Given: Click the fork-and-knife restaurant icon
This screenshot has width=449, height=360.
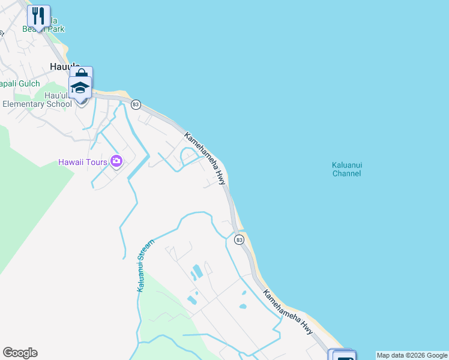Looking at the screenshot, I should pyautogui.click(x=38, y=16).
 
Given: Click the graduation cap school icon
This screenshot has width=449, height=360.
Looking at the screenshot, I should pyautogui.click(x=80, y=87).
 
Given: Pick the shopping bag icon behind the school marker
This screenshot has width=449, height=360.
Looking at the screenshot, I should pyautogui.click(x=82, y=73).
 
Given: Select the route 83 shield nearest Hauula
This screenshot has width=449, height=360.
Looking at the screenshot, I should pyautogui.click(x=136, y=104).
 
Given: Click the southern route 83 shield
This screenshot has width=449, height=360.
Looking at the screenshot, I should pyautogui.click(x=239, y=240).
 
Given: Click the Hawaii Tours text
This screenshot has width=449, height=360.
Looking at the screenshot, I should pyautogui.click(x=83, y=161).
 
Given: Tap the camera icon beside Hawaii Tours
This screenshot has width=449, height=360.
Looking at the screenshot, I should pyautogui.click(x=116, y=161).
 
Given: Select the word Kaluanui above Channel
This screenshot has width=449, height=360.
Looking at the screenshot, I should pyautogui.click(x=346, y=165).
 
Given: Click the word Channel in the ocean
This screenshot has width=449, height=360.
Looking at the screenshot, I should pyautogui.click(x=346, y=174).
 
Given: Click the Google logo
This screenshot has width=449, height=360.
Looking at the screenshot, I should pyautogui.click(x=20, y=353).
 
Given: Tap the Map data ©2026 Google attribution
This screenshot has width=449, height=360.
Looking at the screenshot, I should pyautogui.click(x=412, y=356).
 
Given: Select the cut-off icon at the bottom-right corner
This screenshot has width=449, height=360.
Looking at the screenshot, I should pyautogui.click(x=343, y=355).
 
